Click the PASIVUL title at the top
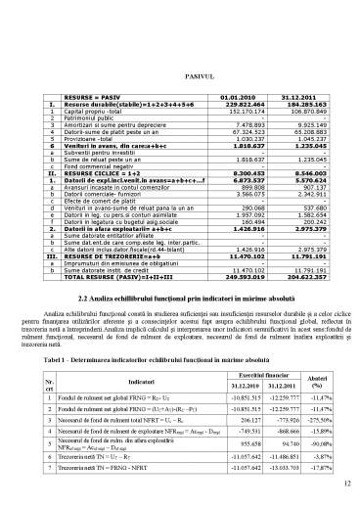tap(180, 74)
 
